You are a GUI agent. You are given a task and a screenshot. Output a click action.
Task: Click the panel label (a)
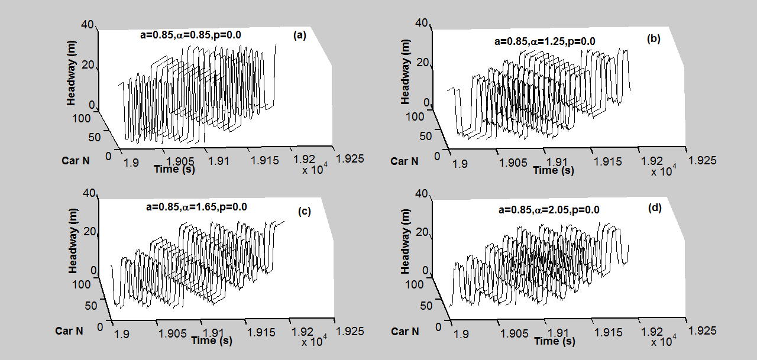coord(299,35)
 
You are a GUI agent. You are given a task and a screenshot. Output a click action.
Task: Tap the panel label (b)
coord(654,40)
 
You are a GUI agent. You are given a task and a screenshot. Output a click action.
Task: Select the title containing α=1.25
coord(545,41)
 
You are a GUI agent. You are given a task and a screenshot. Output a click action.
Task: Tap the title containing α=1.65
coord(196,207)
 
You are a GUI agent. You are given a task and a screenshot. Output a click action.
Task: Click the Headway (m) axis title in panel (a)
coord(72,76)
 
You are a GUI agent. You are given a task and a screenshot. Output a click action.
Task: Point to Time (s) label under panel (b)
coord(553,170)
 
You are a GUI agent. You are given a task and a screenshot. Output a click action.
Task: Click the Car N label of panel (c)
coord(69,330)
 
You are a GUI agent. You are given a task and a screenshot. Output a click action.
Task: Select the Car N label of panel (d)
coord(405,331)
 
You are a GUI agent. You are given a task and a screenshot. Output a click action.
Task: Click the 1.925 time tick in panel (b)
coord(701,160)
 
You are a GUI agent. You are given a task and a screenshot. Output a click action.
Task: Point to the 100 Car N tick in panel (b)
coord(415,116)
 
